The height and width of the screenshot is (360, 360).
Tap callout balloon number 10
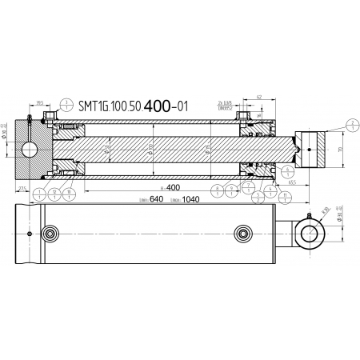[x=70, y=191]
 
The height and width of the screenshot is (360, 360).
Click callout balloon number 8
[x=218, y=190]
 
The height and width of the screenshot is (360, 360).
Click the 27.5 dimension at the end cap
[x=23, y=189]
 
